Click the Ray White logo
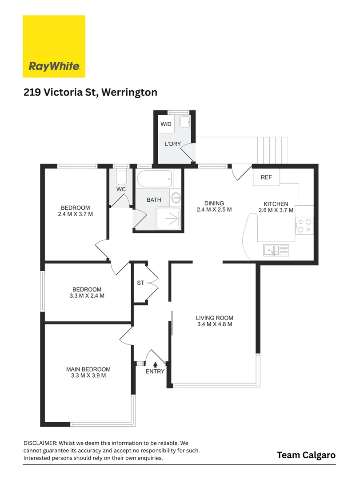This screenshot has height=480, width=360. click(54, 46)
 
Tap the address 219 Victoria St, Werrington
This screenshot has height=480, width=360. click(90, 92)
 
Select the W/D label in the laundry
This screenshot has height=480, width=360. click(166, 124)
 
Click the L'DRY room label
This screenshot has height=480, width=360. click(173, 144)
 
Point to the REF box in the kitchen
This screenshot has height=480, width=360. click(266, 177)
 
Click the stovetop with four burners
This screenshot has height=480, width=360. click(304, 226)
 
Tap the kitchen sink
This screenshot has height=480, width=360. click(276, 250)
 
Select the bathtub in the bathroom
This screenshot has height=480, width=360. click(154, 179)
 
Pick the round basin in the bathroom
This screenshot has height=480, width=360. click(176, 198)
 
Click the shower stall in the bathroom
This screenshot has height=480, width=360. click(169, 219)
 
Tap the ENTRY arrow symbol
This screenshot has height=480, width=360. click(155, 364)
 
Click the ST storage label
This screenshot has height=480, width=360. click(140, 283)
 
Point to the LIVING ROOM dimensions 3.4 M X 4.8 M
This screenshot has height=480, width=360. click(215, 324)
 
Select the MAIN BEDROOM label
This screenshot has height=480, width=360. click(88, 369)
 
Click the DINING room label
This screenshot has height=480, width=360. click(214, 203)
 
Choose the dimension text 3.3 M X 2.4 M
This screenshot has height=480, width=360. click(87, 296)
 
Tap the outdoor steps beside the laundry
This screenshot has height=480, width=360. click(273, 151)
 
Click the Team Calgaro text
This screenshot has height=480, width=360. click(306, 455)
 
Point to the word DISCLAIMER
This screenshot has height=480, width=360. click(40, 443)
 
